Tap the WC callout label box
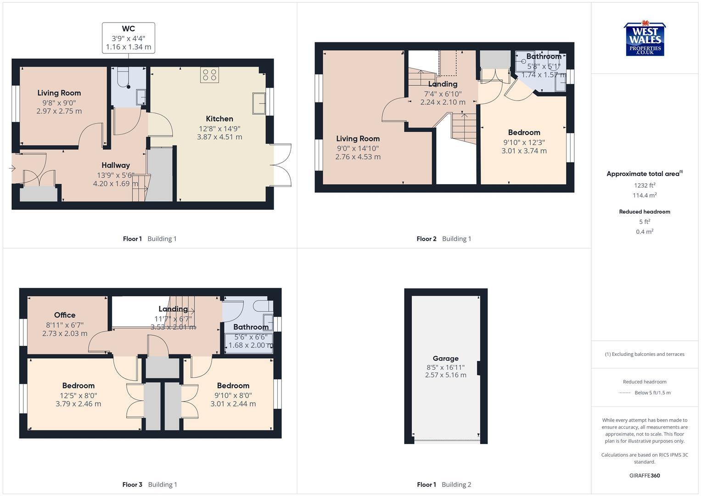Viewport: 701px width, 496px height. click(x=129, y=38)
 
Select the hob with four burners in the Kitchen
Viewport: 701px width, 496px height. click(x=209, y=75)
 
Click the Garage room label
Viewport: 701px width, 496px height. click(x=445, y=358)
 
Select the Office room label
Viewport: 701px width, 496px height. click(x=65, y=315)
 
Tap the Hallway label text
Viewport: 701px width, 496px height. click(x=116, y=165)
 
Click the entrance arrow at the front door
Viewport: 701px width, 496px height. click(x=12, y=169)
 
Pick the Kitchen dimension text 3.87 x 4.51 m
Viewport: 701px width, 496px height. click(x=219, y=137)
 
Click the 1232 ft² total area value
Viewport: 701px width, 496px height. click(x=645, y=186)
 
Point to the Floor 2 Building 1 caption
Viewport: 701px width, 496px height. click(x=443, y=239)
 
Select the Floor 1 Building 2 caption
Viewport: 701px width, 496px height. click(x=444, y=485)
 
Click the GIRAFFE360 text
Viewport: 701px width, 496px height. click(x=645, y=476)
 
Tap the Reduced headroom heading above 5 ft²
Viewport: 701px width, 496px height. click(x=645, y=212)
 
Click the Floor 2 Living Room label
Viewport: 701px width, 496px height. click(x=358, y=139)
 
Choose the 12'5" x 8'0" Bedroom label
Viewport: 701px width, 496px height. click(x=79, y=386)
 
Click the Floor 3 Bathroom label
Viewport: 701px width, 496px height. click(x=251, y=327)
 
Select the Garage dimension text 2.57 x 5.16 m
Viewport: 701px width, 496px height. click(x=445, y=375)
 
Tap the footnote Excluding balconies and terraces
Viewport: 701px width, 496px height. click(x=645, y=354)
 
